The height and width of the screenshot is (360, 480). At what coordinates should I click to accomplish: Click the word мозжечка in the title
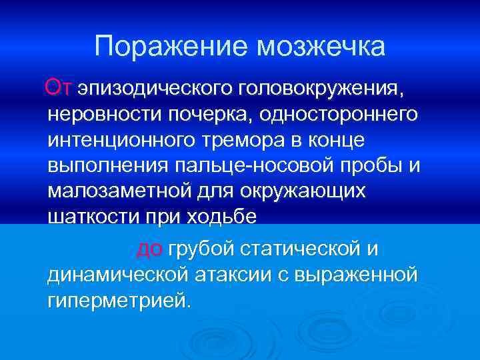[x=321, y=47]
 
